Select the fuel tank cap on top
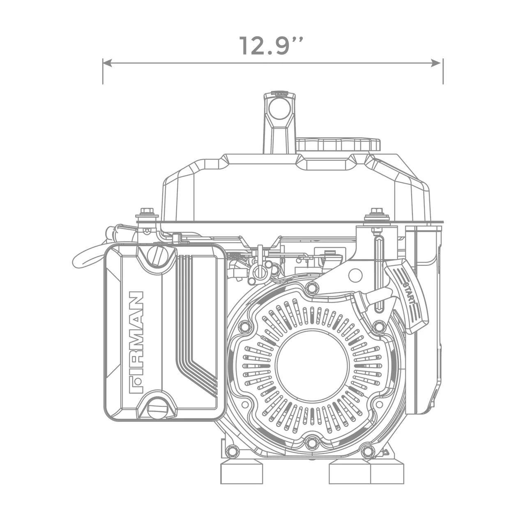pos(338,145)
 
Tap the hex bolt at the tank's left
pos(147,212)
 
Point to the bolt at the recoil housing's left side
pos(245,327)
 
